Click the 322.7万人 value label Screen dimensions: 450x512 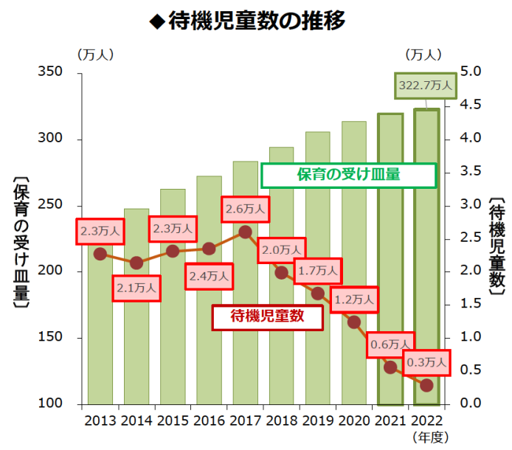point(426,86)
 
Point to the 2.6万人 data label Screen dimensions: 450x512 point(246,209)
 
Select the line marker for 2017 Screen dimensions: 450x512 point(246,232)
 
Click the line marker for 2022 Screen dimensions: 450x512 point(426,385)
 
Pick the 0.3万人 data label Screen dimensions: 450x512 point(426,361)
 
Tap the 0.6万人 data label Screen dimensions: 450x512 point(390,344)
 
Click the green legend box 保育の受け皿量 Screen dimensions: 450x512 point(348,175)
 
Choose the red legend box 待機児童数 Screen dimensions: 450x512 point(268,316)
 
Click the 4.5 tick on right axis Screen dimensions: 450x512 point(473,105)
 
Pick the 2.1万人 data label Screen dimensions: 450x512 point(136,288)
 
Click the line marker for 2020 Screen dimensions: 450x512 point(354,322)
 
